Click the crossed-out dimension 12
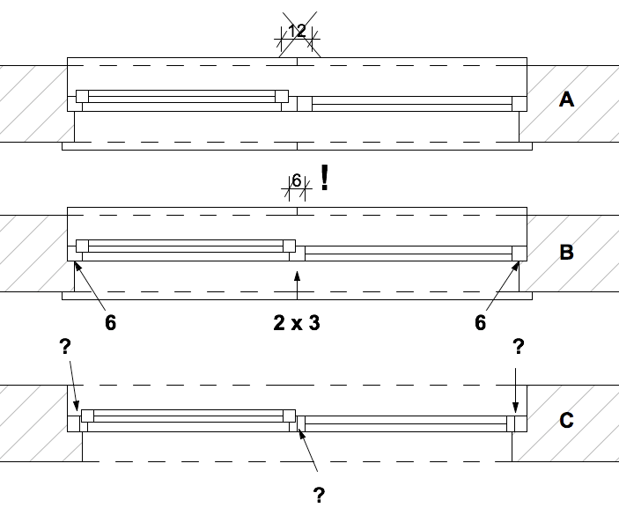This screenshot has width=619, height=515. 298,32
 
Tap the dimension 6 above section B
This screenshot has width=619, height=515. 297,180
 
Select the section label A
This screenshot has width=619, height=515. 566,99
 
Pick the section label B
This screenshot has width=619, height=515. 566,253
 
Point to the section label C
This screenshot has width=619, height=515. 566,420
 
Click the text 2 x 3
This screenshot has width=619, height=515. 297,323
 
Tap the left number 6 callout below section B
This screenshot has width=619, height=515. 110,323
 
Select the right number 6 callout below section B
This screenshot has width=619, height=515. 480,323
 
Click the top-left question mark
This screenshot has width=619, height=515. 65,347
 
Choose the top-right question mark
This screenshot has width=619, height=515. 518,347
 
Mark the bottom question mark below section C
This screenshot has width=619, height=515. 319,495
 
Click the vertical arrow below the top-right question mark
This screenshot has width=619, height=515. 517,387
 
